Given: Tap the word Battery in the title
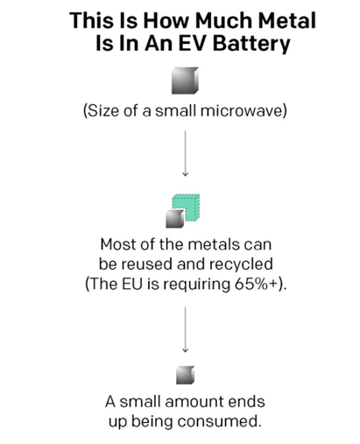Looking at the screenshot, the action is point(251,44).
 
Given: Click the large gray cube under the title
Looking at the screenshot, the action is point(185,81).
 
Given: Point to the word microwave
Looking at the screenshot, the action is point(241,111).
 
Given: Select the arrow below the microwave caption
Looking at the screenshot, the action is point(185,153).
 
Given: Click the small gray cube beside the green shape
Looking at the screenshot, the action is point(175,219).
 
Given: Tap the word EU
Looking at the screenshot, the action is point(132,284).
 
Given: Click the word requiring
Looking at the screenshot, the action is point(197,285).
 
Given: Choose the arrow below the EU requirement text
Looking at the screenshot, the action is point(185,329).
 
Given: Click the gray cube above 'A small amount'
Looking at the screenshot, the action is point(185,375).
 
